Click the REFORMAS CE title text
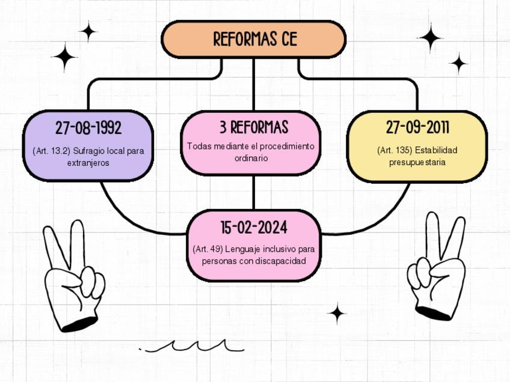[254, 40]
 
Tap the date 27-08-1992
[88, 128]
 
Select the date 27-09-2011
[417, 128]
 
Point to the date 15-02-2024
[253, 228]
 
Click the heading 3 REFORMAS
[253, 127]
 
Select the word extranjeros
[88, 163]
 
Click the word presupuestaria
[417, 162]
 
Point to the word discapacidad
[281, 261]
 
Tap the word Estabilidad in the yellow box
[436, 150]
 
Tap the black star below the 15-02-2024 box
[337, 313]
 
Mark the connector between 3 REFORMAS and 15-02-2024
[253, 192]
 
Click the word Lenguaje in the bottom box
[245, 249]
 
